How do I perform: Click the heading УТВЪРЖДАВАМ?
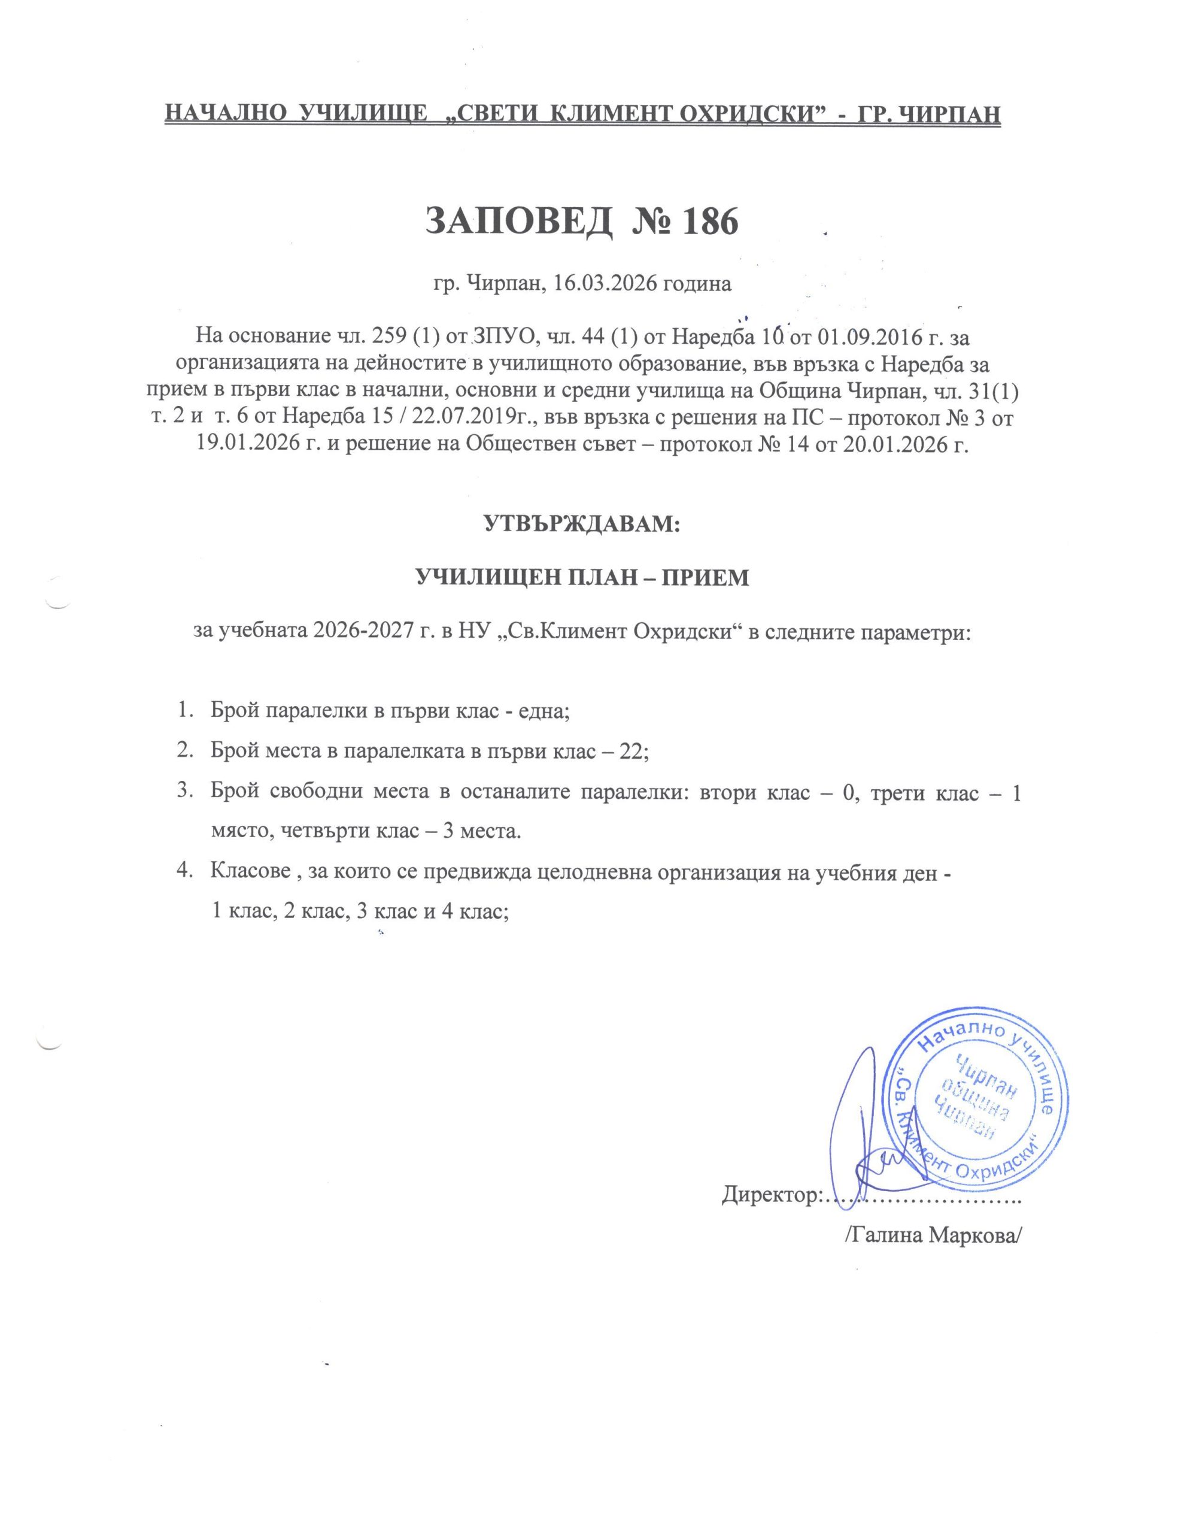(x=582, y=525)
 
